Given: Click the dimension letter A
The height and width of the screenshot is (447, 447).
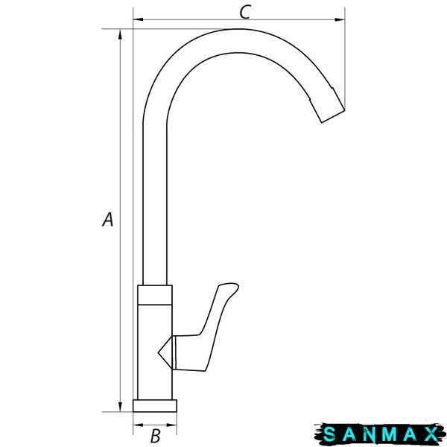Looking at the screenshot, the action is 108,219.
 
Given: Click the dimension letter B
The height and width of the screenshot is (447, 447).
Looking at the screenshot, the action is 156,436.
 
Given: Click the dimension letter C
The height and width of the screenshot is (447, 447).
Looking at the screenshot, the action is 245,12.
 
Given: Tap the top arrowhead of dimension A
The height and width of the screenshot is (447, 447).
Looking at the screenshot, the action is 120,34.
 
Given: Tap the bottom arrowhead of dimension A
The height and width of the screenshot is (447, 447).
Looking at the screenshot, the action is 120,407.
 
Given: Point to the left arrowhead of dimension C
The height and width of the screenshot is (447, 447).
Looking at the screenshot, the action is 139,19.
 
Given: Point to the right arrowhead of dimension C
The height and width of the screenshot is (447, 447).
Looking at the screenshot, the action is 340,19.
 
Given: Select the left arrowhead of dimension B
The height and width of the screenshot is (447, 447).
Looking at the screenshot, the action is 138,425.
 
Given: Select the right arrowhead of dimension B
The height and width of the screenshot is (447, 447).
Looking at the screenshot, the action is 171,425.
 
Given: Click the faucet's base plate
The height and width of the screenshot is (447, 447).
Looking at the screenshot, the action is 155,406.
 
